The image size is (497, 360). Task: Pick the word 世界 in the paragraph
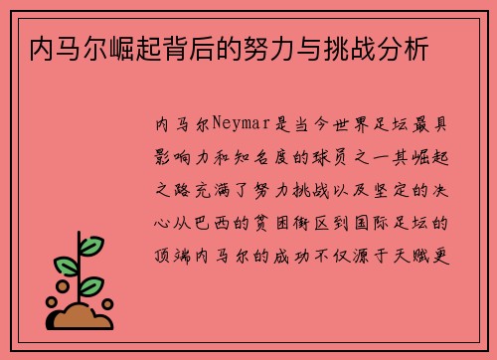click(350, 126)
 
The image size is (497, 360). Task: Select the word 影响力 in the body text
click(188, 157)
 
